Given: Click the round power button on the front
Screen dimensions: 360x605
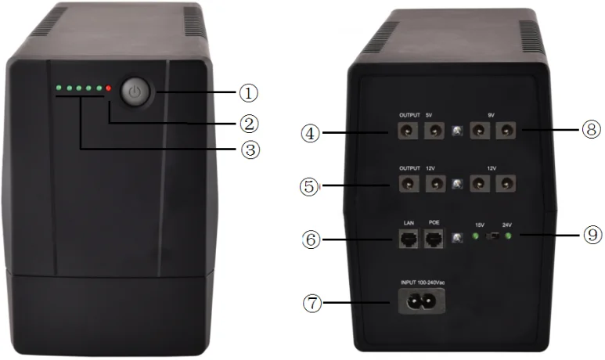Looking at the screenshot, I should click(x=136, y=92).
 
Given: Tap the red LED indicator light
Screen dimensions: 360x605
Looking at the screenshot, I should click(x=109, y=89).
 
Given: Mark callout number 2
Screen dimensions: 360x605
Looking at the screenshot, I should click(x=249, y=123).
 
